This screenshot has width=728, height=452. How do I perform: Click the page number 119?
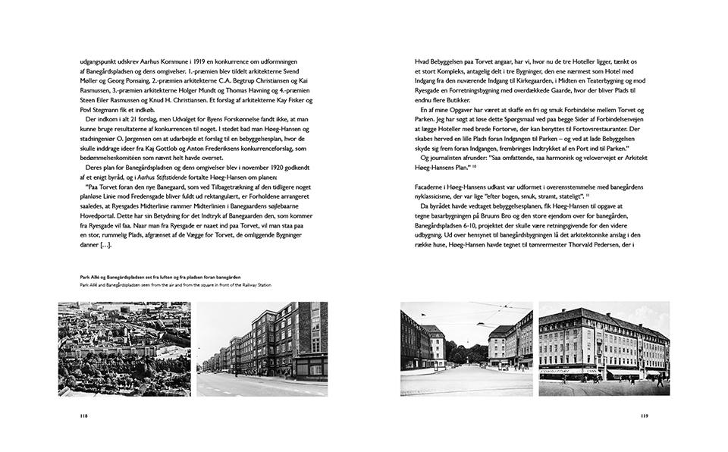coord(643,416)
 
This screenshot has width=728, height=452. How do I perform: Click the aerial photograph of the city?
coord(124,348)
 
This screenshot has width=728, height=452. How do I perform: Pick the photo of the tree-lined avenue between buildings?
coord(466,348)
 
